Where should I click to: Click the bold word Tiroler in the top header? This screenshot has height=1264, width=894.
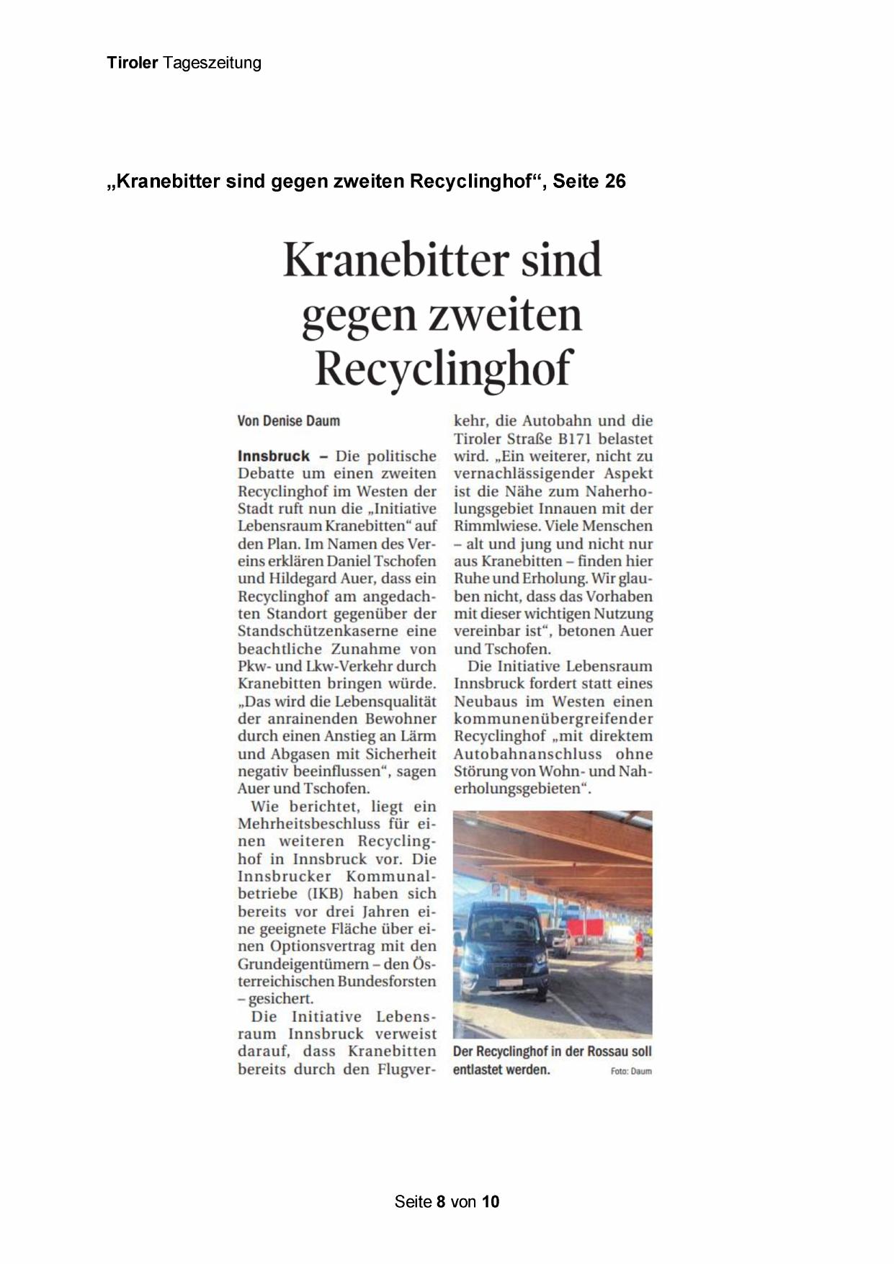pos(132,63)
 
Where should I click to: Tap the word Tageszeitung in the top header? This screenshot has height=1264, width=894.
pos(212,63)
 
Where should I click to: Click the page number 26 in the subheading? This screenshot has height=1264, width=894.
pos(615,181)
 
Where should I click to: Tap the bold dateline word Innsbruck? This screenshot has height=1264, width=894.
pos(274,456)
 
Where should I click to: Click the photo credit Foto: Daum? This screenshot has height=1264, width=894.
pos(630,1071)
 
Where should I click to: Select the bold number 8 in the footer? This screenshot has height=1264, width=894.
pos(441,1201)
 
